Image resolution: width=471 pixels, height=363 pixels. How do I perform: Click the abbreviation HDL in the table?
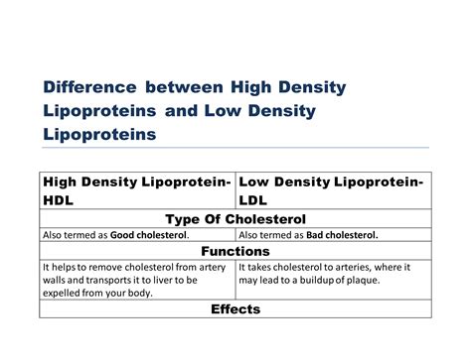coord(61,199)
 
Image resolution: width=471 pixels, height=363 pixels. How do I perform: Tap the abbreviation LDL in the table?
coord(257,199)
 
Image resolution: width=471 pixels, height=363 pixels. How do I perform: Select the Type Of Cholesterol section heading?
coord(235,218)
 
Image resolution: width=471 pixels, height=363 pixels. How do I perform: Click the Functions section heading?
coord(235,252)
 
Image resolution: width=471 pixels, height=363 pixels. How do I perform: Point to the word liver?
coord(173,280)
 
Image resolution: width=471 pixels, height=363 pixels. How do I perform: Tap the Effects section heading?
coord(235,309)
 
